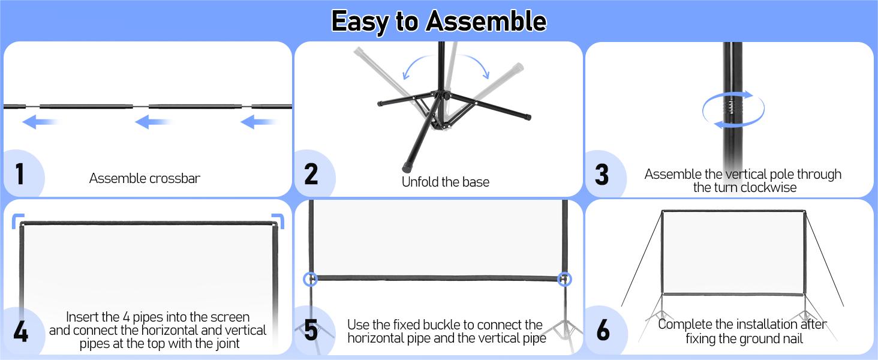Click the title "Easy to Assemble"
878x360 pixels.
[438, 21]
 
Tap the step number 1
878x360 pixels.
[20, 174]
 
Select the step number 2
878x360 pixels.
[311, 174]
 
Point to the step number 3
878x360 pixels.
[602, 175]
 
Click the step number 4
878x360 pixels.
[21, 332]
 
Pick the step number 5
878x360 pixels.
[311, 329]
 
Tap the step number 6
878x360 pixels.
[603, 330]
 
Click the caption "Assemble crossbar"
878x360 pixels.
[145, 178]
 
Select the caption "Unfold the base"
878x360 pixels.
[445, 182]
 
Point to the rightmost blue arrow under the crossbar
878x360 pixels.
[258, 122]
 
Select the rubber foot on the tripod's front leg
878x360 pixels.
[407, 168]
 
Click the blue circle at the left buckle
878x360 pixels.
[311, 279]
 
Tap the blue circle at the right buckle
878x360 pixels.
[564, 279]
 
